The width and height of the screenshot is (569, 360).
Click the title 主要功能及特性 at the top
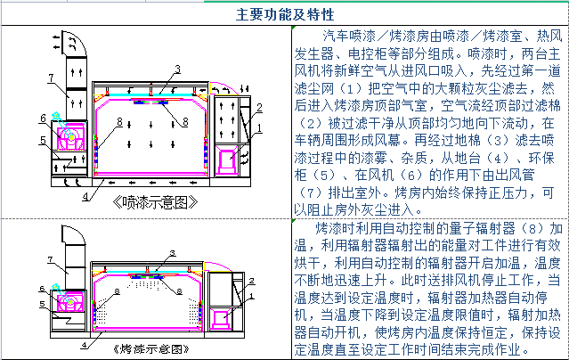285,15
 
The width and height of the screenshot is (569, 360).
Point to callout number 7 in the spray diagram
51,77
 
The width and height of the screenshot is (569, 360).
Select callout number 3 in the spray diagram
177,69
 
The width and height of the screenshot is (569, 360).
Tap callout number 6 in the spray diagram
42,118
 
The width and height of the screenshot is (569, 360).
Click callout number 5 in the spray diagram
42,140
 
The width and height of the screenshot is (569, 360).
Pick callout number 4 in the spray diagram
85,194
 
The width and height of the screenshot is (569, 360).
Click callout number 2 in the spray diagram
256,107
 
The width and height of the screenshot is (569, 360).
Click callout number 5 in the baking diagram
42,304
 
